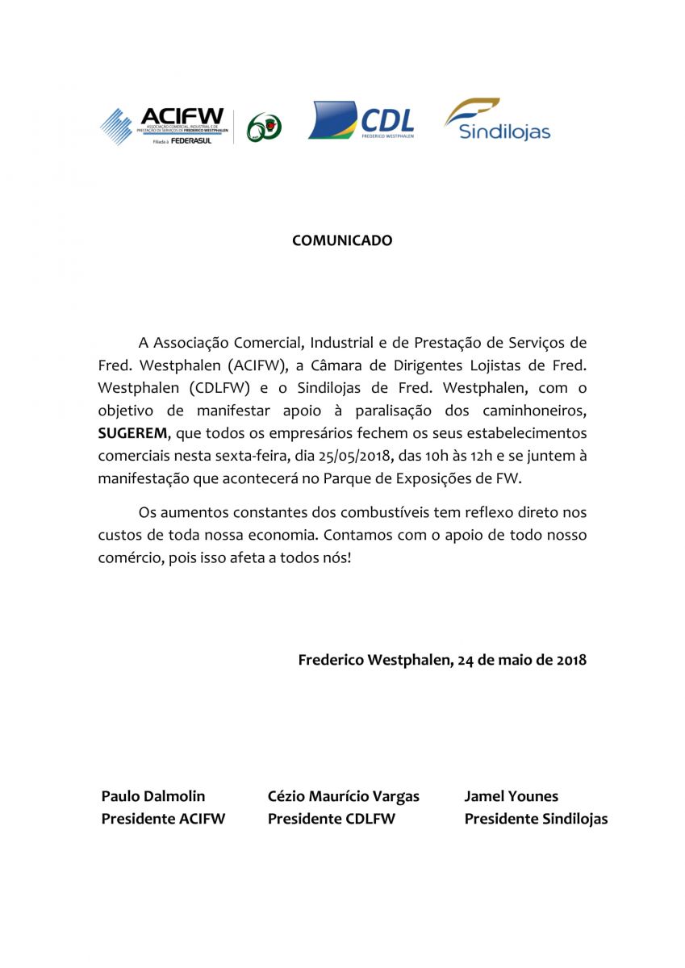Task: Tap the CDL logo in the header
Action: point(361,121)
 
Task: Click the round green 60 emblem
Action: point(263,127)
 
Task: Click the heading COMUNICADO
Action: point(342,240)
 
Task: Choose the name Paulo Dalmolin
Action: point(154,796)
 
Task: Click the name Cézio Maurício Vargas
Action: point(343,796)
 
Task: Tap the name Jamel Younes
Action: point(511,796)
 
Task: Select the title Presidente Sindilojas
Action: point(536,819)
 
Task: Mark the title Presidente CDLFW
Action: point(331,819)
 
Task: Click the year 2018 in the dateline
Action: point(571,660)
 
